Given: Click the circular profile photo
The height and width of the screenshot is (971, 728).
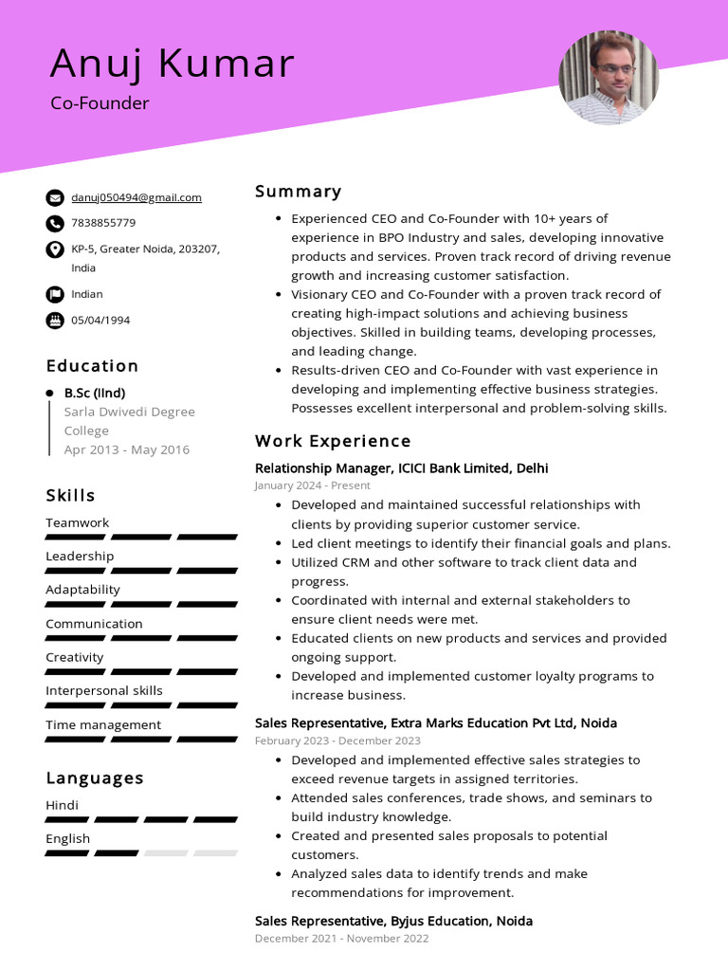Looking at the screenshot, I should (x=609, y=78).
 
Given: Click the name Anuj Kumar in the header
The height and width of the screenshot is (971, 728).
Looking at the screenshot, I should (x=172, y=63).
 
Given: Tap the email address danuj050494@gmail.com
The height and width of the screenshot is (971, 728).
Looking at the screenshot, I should (x=136, y=197).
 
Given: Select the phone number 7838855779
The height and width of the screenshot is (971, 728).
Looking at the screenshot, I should (x=103, y=223).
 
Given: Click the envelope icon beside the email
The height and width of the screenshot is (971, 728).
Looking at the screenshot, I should (x=54, y=198).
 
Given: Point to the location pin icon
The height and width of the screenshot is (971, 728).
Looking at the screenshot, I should (x=54, y=249).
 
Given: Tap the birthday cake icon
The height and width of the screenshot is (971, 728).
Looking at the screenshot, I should (x=54, y=320).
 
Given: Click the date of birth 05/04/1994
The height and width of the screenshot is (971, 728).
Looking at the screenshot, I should (x=100, y=320).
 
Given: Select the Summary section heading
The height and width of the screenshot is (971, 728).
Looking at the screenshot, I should (x=298, y=192).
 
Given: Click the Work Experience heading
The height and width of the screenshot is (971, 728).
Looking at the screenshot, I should (x=333, y=441).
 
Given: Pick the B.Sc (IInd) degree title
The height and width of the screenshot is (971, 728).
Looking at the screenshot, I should (x=95, y=393).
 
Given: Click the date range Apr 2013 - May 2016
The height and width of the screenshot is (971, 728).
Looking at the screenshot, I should (x=126, y=449).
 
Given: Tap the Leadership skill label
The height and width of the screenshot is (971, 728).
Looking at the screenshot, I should (x=80, y=556).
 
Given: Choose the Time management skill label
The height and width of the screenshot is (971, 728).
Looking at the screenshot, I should (x=103, y=724).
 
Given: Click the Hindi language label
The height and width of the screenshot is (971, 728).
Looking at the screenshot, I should (x=63, y=805).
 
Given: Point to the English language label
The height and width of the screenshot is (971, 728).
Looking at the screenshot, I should (x=68, y=838).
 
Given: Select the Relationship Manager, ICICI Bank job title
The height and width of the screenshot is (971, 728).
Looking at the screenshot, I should (x=401, y=468).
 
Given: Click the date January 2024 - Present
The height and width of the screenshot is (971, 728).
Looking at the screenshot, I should (x=312, y=485).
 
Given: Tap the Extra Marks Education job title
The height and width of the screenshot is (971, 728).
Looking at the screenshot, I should (x=436, y=724).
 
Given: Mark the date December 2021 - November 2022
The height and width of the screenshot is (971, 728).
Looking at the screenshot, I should (x=341, y=939).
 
